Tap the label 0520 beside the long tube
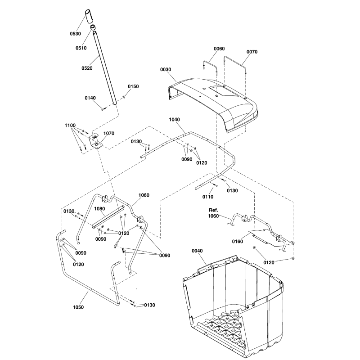[x=86, y=68]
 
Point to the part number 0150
[x=134, y=86]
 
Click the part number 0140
[x=90, y=98]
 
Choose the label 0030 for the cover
[x=166, y=70]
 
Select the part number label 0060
[x=219, y=49]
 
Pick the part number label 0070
[x=252, y=52]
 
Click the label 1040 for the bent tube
[x=175, y=120]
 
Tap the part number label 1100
[x=70, y=126]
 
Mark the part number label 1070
[x=109, y=134]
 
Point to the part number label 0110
[x=208, y=197]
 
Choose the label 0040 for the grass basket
[x=198, y=251]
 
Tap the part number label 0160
[x=238, y=242]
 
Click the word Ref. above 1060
[x=213, y=210]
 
